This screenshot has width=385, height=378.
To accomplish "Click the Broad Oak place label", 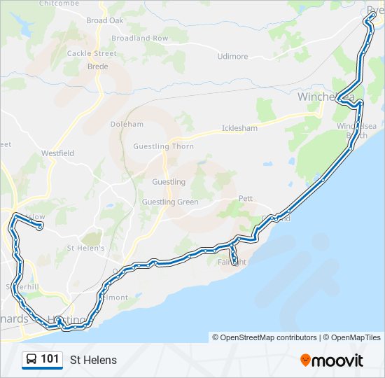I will click(x=105, y=20).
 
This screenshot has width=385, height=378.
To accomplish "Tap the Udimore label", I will click(x=232, y=57).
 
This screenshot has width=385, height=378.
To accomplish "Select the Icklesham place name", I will click(x=239, y=128).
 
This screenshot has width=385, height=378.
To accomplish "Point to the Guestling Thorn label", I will click(x=164, y=146).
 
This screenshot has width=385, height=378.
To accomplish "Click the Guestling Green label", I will click(x=170, y=202).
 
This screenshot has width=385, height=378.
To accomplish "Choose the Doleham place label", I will click(x=127, y=124).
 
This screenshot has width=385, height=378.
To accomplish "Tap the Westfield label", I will click(x=57, y=153).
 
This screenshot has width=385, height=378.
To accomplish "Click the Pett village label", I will click(x=245, y=199).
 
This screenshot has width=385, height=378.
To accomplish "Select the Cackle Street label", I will click(x=92, y=53).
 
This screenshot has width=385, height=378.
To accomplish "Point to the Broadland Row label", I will click(x=140, y=38).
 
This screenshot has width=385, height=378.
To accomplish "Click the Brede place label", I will click(x=97, y=66).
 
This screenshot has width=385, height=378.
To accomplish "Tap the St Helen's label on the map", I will click(x=85, y=248).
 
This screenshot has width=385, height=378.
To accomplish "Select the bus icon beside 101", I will click(x=31, y=360).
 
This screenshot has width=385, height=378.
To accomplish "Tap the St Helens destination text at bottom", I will click(x=93, y=360).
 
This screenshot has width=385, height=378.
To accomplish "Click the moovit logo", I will click(x=332, y=360).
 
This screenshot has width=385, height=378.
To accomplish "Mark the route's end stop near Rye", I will click(x=365, y=21).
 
